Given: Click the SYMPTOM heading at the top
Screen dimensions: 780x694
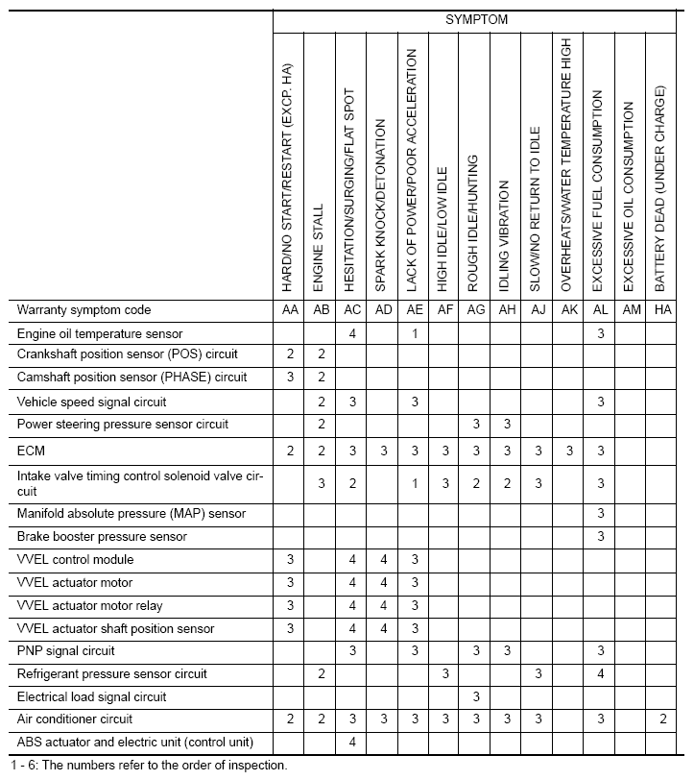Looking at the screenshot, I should click(476, 18).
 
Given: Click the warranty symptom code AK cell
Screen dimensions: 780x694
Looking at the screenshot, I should click(567, 310).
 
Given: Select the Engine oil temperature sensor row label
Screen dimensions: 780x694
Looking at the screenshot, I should click(100, 333).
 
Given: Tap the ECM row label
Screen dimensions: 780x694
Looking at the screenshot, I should click(31, 450).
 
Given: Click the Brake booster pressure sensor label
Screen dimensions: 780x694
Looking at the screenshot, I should click(102, 536).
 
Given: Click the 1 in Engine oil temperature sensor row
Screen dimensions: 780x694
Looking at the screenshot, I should click(414, 333).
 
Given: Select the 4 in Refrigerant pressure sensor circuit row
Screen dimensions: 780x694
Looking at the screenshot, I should click(600, 674).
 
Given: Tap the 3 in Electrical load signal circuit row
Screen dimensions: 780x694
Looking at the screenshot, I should click(475, 696).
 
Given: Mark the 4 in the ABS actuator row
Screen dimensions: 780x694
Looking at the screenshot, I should click(352, 742).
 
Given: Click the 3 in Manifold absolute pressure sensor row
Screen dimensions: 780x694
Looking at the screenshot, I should click(600, 513).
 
